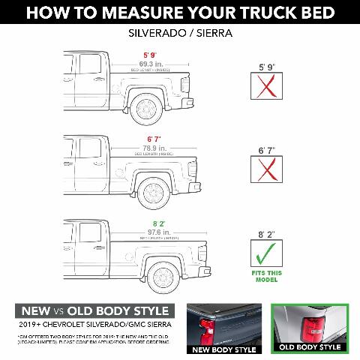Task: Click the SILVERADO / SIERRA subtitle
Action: [x=179, y=34]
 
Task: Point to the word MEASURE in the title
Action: [x=154, y=13]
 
